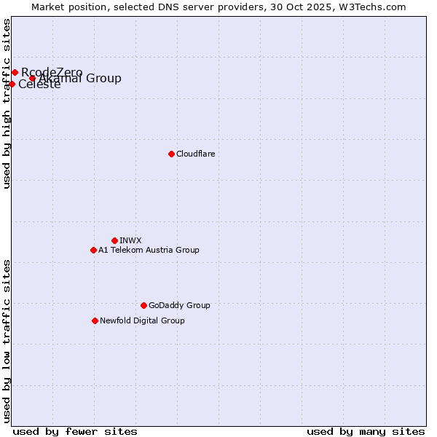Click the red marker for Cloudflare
click(171, 154)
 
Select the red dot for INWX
click(114, 240)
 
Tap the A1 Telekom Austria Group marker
click(93, 250)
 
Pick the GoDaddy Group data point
click(143, 305)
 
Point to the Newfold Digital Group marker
click(95, 320)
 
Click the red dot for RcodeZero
click(15, 72)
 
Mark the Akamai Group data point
click(32, 79)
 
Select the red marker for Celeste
click(12, 84)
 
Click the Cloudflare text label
click(195, 154)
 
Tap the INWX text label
click(130, 240)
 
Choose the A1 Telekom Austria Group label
click(149, 250)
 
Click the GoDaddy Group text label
click(179, 305)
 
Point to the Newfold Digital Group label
click(142, 320)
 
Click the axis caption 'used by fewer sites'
click(75, 431)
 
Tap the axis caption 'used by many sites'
click(366, 431)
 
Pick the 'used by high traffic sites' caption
click(7, 104)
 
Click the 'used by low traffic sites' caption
click(7, 340)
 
